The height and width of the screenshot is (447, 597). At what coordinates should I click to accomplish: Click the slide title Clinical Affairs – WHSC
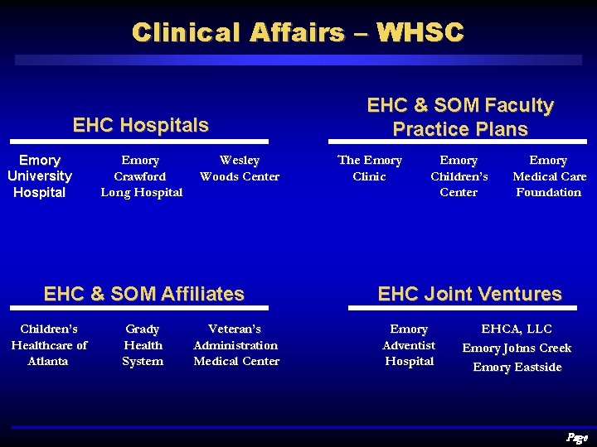coord(298,32)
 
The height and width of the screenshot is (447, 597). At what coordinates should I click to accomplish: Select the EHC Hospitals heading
coord(140,125)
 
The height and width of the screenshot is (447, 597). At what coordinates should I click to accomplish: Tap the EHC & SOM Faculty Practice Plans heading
coord(460,117)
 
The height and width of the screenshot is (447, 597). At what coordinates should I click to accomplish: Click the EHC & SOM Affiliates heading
coord(143,294)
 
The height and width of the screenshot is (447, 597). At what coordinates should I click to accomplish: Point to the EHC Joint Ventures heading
coord(469,294)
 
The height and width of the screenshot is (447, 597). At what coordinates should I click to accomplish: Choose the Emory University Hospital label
coord(40,176)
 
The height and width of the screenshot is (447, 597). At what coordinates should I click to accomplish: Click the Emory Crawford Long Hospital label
coord(141,176)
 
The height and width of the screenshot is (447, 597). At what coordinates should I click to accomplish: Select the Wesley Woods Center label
coord(240,168)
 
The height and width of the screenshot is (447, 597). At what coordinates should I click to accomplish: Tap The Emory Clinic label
coord(370,168)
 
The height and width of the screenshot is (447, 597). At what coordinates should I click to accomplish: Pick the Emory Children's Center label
coord(459,176)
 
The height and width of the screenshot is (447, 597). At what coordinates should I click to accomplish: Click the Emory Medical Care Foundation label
coord(549,176)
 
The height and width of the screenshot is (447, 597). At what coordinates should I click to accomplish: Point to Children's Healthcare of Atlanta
coord(49,345)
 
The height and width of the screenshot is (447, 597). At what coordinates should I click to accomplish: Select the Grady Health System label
coord(143,345)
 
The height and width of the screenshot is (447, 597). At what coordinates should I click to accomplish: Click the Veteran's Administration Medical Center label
coord(236,345)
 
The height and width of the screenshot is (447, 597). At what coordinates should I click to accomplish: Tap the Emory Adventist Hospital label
coord(409,345)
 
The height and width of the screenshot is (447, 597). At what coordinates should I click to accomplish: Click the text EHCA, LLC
coord(517,329)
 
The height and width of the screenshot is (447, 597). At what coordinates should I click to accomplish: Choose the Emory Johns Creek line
coord(517,348)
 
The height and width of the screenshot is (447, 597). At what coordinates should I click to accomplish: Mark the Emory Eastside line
coord(517,368)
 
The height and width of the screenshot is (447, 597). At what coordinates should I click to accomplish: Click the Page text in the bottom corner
coord(576,437)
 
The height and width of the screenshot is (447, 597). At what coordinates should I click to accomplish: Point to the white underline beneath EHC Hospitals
coord(140,142)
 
